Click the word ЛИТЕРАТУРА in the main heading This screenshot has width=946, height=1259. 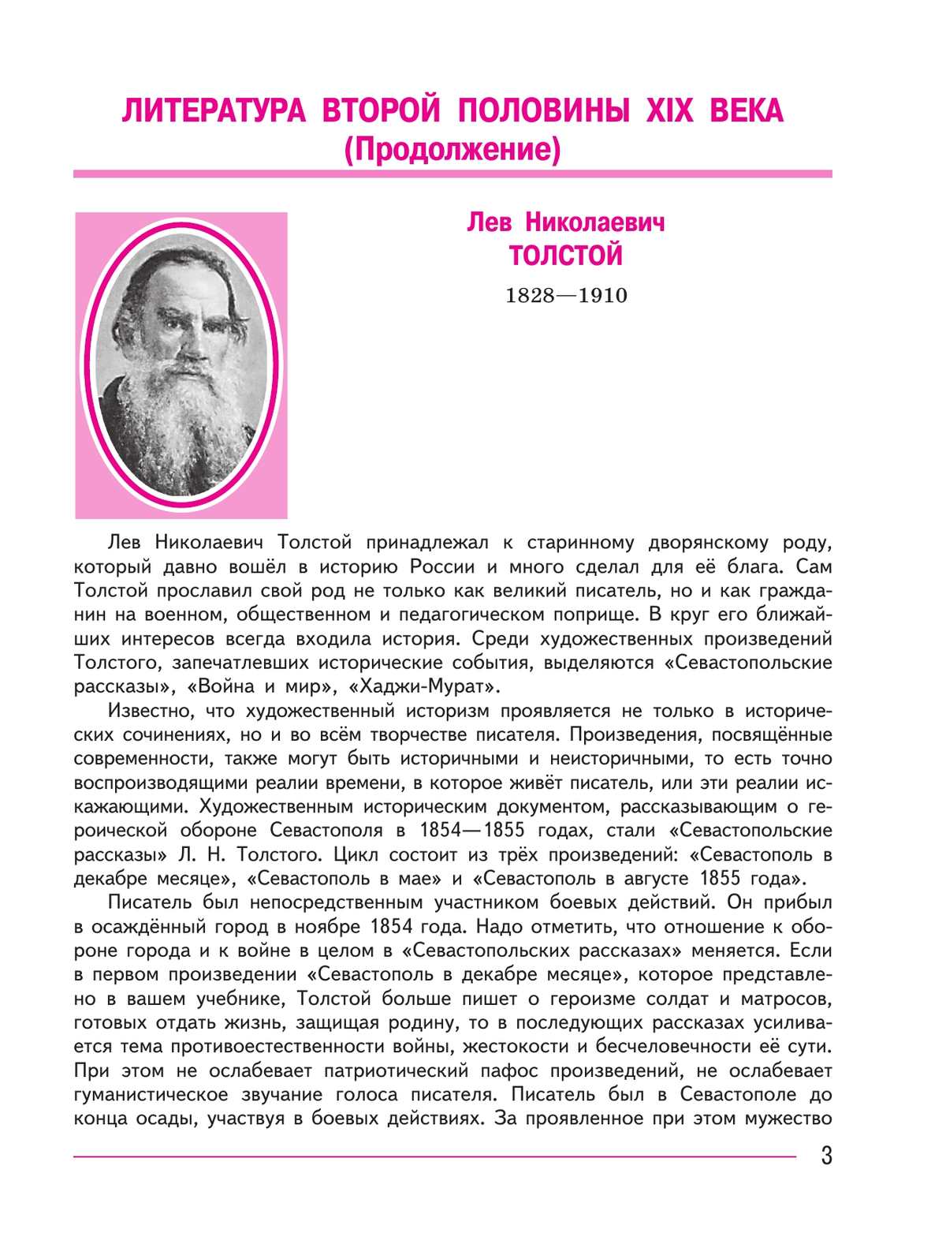[x=213, y=111]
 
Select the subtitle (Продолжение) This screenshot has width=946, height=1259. [x=453, y=149]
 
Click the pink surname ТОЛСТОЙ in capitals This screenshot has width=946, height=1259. [x=565, y=256]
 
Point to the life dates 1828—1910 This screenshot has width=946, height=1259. [x=565, y=296]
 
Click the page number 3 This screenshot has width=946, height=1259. [x=826, y=1156]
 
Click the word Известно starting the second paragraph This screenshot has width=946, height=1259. [x=148, y=711]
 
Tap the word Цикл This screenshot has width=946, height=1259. [x=359, y=855]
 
